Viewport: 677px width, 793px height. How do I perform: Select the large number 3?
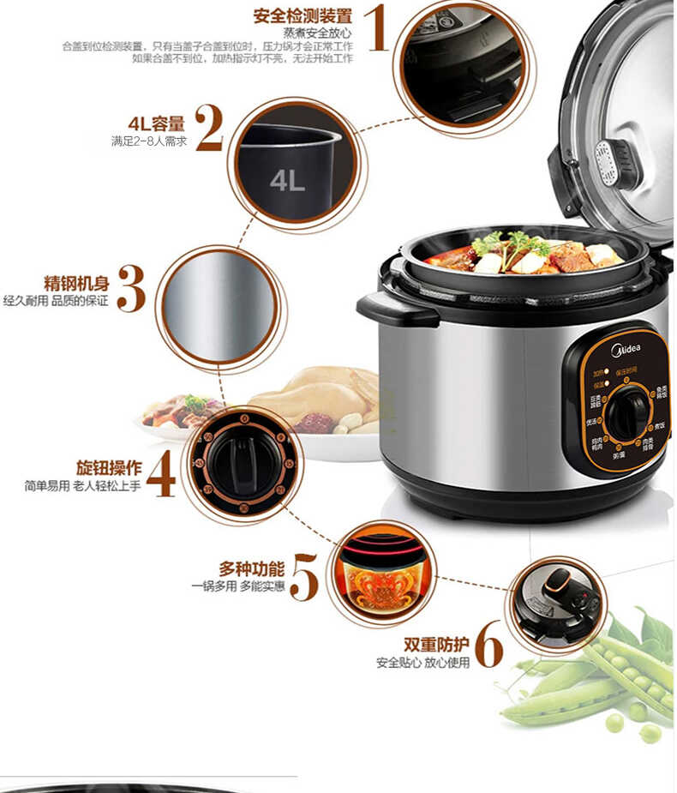pos(131,289)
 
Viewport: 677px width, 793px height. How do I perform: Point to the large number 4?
pos(161,473)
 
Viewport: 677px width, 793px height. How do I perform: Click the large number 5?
pos(304,576)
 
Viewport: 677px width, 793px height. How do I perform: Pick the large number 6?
pos(488,646)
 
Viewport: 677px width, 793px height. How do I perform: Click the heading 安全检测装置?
pos(303,15)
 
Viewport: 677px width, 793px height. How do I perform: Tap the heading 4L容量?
pos(157,123)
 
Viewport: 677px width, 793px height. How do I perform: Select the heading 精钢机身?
pos(77,283)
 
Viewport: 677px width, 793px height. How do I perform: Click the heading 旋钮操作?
pos(109,468)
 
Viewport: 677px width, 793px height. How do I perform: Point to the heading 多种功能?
pos(251,569)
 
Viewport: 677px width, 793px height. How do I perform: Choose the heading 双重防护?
pos(437,645)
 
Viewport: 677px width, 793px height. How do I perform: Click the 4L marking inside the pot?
pos(287,181)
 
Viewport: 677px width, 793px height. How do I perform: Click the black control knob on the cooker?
pos(628,413)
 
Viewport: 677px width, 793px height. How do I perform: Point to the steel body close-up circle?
pos(219,306)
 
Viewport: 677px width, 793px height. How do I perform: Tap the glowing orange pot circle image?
pos(381,573)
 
